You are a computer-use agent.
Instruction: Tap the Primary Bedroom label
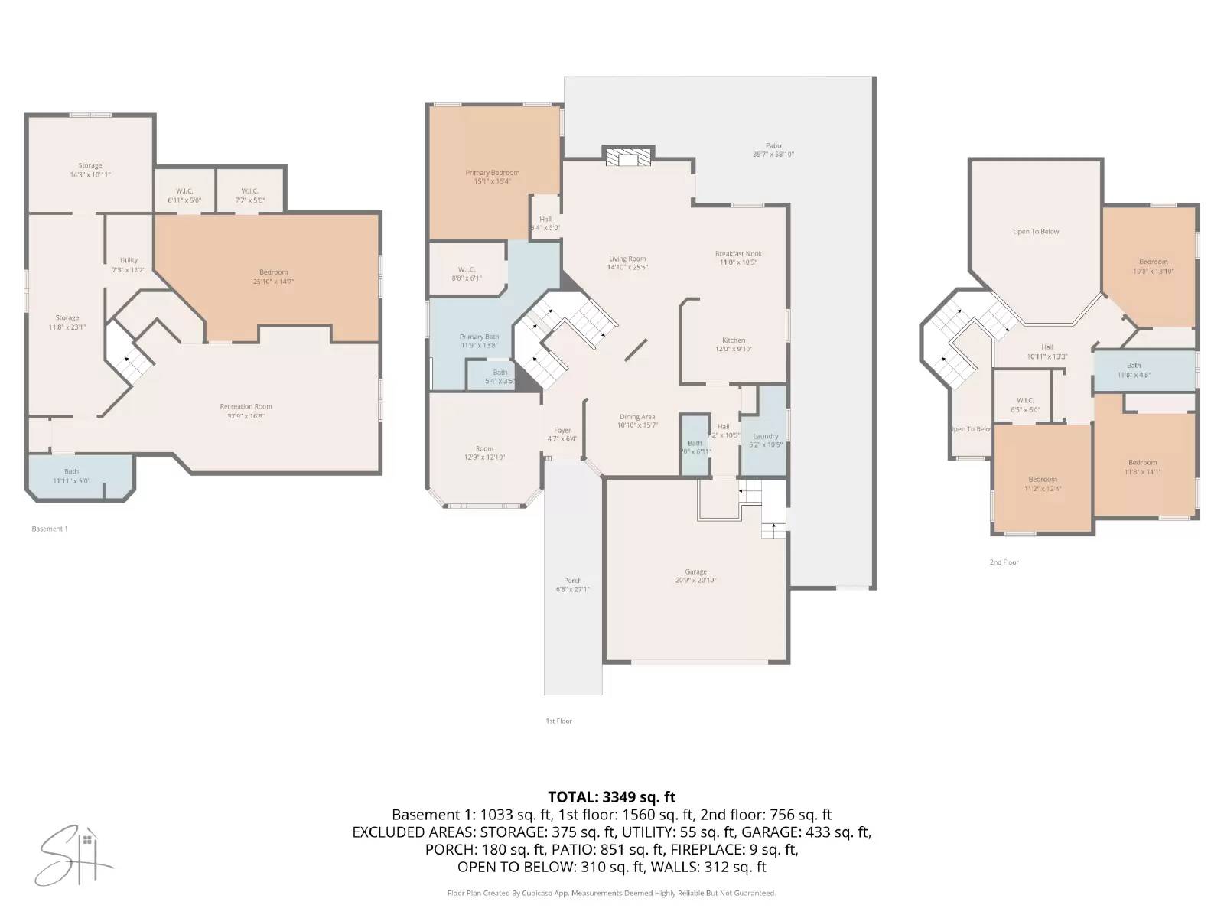point(493,173)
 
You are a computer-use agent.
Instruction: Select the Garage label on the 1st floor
point(695,571)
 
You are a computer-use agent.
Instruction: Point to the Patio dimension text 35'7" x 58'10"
point(773,155)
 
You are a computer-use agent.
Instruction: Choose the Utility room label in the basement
point(129,260)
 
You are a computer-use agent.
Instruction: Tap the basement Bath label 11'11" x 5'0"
point(71,471)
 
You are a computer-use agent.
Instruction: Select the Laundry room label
point(765,436)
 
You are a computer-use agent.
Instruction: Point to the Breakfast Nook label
point(738,254)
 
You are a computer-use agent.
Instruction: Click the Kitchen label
point(734,340)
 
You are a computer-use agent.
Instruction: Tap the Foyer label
point(562,431)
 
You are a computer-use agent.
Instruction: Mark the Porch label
point(572,581)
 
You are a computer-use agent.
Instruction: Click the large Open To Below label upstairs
point(1036,231)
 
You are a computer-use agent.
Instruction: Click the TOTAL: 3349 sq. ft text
point(611,797)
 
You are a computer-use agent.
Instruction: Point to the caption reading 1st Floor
point(558,721)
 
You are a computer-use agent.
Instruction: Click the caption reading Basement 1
point(50,529)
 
